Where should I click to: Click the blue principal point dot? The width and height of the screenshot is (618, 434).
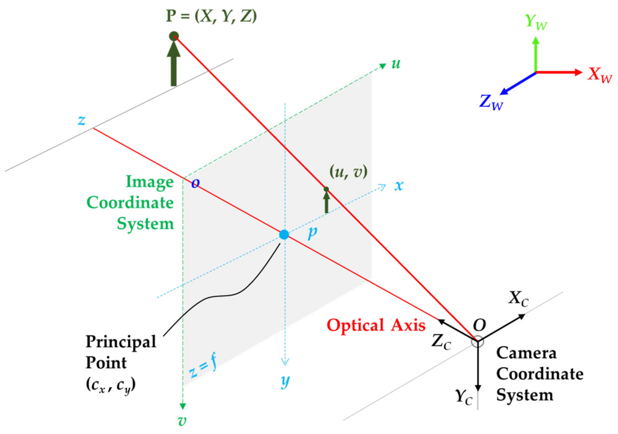284,234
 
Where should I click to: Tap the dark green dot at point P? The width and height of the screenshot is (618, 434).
174,36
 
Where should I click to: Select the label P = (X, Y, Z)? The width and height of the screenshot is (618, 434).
211,16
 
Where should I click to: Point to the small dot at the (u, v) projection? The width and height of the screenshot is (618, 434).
326,189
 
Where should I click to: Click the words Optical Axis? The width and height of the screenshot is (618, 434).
376,325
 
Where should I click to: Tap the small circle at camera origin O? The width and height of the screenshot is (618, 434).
478,341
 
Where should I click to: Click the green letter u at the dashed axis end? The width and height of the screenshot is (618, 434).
396,64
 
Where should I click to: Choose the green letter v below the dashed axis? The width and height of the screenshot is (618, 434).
182,420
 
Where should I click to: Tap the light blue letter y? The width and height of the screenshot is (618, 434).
285,381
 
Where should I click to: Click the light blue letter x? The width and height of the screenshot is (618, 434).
399,186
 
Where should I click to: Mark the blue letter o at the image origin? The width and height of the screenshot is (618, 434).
196,183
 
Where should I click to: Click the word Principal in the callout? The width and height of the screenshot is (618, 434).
121,342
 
